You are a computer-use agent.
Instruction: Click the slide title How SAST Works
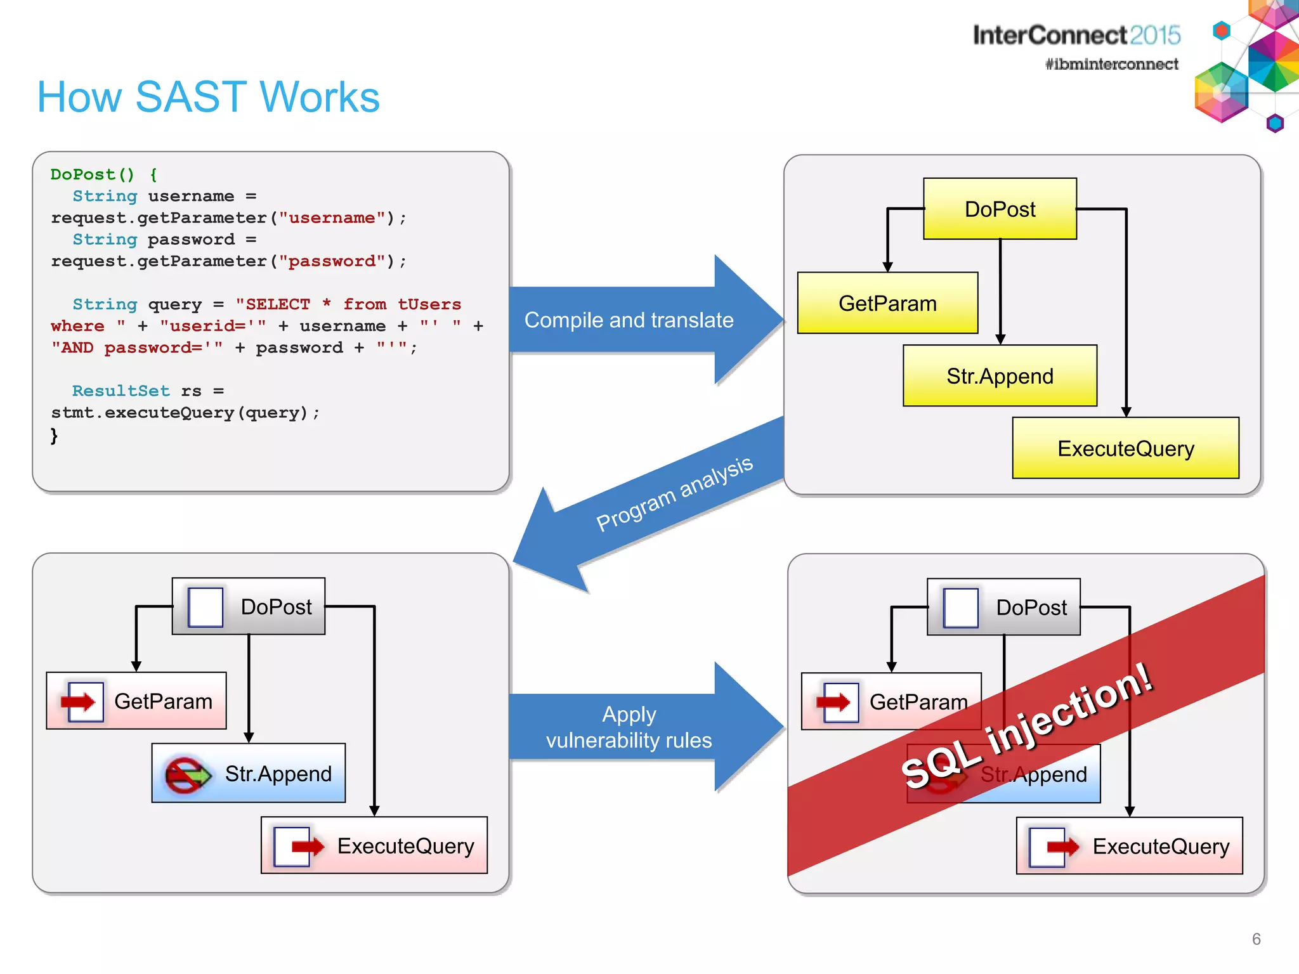(208, 97)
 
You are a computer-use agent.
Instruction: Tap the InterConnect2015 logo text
(1076, 35)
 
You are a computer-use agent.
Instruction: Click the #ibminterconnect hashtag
(1111, 64)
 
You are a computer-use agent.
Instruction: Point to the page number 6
(1256, 939)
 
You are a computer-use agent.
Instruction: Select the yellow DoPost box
(1000, 209)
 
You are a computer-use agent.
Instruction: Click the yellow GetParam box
(887, 303)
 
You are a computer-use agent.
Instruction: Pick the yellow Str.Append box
(1000, 376)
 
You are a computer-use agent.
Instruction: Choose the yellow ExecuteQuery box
(1125, 448)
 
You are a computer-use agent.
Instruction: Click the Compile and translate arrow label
(629, 320)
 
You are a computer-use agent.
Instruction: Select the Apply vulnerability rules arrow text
(629, 727)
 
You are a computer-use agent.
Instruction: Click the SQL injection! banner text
(1026, 726)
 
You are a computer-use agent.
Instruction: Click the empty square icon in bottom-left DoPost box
(206, 607)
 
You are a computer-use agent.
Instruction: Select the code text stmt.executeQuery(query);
(185, 413)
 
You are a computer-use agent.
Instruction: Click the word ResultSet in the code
(121, 391)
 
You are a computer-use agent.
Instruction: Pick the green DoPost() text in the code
(93, 174)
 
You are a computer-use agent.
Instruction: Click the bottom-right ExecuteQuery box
(1129, 846)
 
